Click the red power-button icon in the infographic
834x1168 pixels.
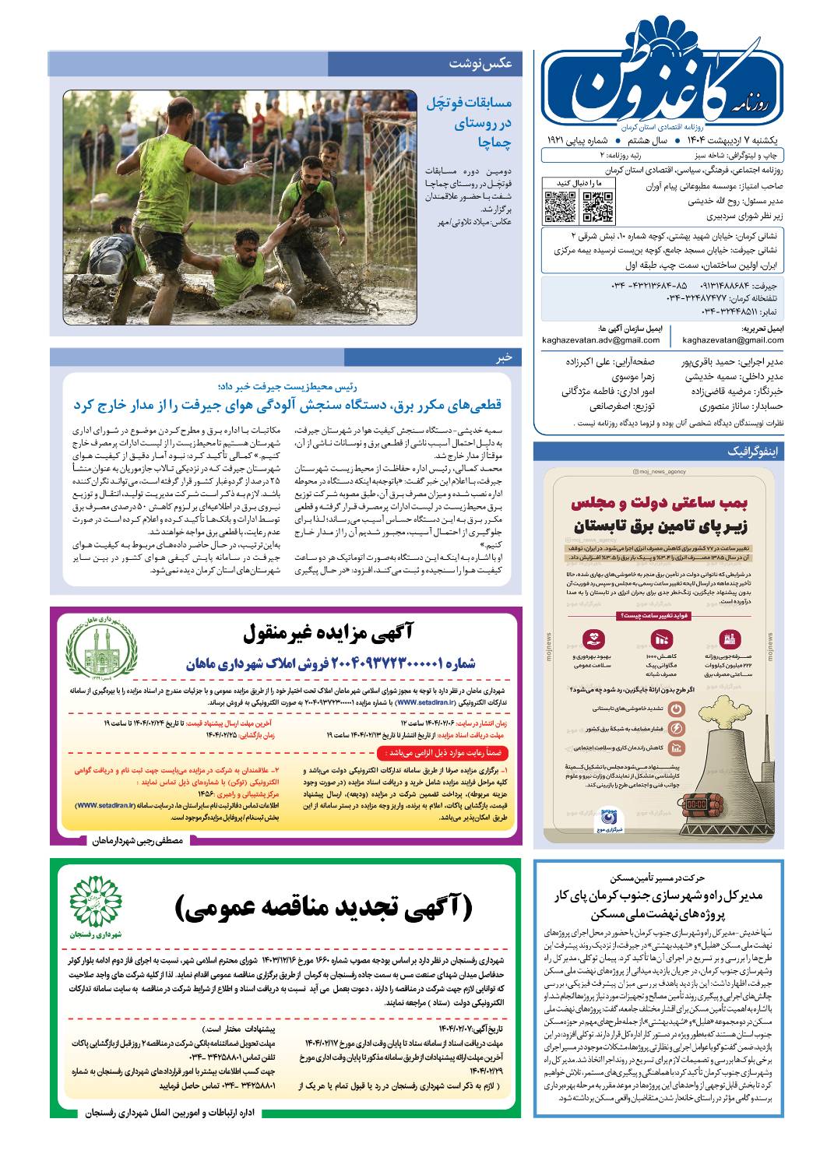point(677,708)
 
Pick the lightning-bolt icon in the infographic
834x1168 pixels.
point(677,728)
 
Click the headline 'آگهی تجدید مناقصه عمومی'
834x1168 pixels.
point(322,907)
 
